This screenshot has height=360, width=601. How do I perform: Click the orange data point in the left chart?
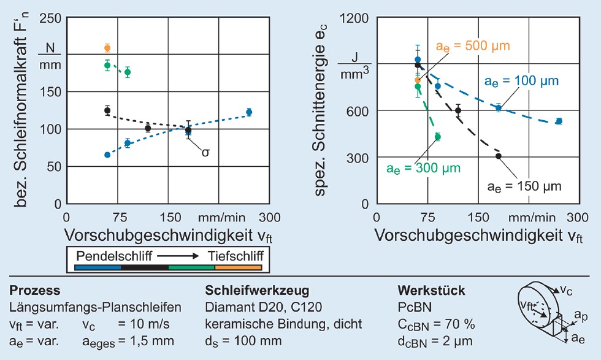pyautogui.click(x=107, y=48)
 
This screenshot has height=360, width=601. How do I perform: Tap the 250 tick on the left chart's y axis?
pyautogui.click(x=50, y=18)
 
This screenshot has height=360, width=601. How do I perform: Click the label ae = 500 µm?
pyautogui.click(x=473, y=46)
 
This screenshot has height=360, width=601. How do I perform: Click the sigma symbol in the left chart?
pyautogui.click(x=205, y=151)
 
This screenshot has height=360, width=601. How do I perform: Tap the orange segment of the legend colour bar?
pyautogui.click(x=238, y=267)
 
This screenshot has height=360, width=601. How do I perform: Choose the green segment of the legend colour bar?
pyautogui.click(x=191, y=267)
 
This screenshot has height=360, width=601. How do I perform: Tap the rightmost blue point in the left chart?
pyautogui.click(x=249, y=112)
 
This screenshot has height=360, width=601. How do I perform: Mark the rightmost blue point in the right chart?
pyautogui.click(x=559, y=121)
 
